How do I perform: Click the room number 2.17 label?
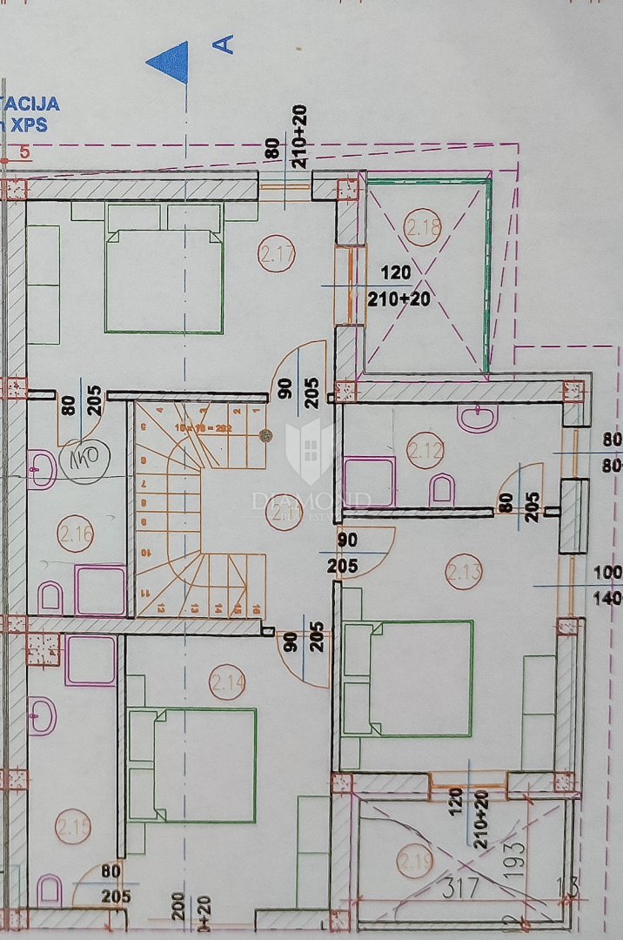point(277,255)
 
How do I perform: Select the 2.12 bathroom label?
point(425,452)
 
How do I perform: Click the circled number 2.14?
point(227,682)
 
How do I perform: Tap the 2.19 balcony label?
point(414,863)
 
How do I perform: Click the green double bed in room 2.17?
point(164,280)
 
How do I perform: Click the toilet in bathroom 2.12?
point(442,489)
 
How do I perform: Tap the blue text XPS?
point(30,124)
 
